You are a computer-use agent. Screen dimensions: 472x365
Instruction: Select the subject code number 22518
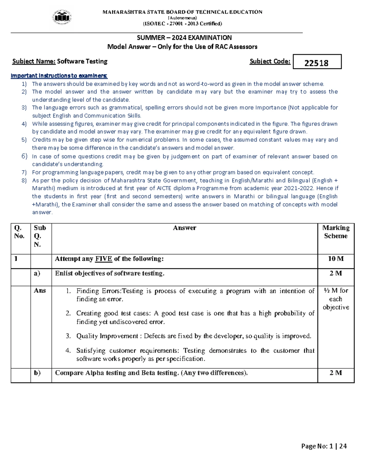click(x=316, y=63)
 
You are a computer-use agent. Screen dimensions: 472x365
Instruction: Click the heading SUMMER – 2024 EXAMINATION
click(x=184, y=38)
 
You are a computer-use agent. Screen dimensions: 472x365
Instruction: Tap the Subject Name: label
click(x=34, y=61)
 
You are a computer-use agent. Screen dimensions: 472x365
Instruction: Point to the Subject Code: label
click(x=270, y=61)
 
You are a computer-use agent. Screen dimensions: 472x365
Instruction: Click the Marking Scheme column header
click(x=336, y=232)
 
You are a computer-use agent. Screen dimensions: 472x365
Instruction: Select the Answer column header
click(x=184, y=228)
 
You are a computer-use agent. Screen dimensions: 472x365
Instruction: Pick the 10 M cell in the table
click(x=336, y=259)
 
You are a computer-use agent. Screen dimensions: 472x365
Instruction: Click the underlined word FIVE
click(x=104, y=259)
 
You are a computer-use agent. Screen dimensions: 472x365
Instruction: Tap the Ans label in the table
click(x=40, y=291)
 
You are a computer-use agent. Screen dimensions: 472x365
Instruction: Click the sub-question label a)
click(x=37, y=273)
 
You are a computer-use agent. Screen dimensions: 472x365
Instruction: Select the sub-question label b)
click(x=37, y=373)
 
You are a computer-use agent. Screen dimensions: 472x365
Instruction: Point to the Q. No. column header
click(x=19, y=232)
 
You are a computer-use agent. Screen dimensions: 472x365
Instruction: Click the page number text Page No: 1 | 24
click(x=324, y=446)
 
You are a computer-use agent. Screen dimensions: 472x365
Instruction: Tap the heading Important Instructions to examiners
click(x=59, y=76)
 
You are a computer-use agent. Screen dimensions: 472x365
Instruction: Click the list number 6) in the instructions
click(x=24, y=156)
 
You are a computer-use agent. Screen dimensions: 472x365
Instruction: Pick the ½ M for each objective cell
click(x=336, y=299)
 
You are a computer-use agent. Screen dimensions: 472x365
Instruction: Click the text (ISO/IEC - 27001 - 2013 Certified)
click(x=182, y=24)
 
